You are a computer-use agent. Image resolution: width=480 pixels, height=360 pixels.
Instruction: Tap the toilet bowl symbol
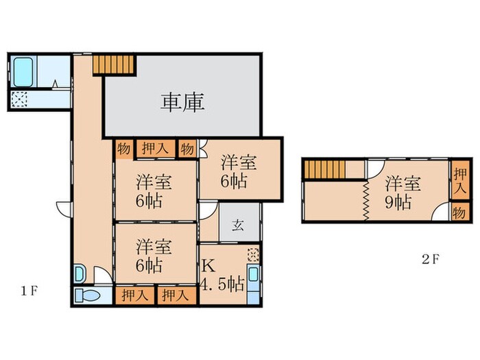click(88, 296)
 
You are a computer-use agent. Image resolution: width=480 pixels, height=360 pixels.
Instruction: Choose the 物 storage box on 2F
click(460, 212)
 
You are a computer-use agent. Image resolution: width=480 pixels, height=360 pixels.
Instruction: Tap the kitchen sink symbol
click(254, 280)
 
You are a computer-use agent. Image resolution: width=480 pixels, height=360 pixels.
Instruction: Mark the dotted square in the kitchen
click(254, 254)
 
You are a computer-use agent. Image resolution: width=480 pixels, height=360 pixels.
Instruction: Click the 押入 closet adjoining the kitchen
click(176, 296)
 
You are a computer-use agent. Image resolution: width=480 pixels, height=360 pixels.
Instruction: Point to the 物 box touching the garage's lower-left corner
click(123, 149)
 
